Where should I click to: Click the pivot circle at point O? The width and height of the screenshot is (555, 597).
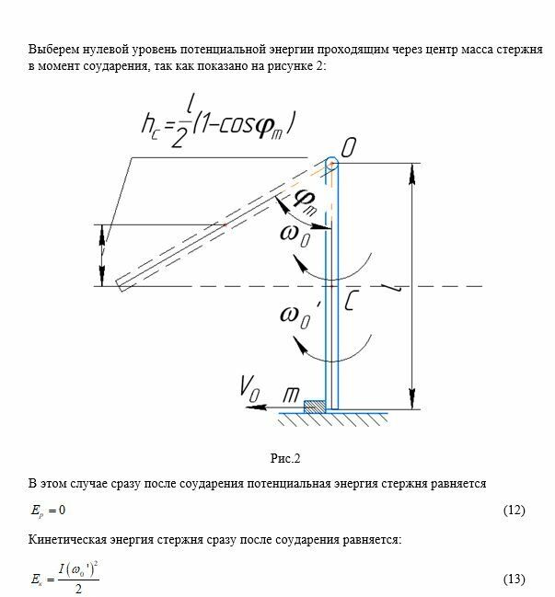pyautogui.click(x=331, y=164)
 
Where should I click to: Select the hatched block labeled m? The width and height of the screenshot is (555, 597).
pyautogui.click(x=315, y=405)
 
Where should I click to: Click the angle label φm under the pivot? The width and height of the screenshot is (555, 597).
pyautogui.click(x=306, y=201)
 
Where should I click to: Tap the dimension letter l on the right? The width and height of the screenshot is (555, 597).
pyautogui.click(x=397, y=289)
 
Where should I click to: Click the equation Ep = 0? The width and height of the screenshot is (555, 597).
pyautogui.click(x=52, y=511)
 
